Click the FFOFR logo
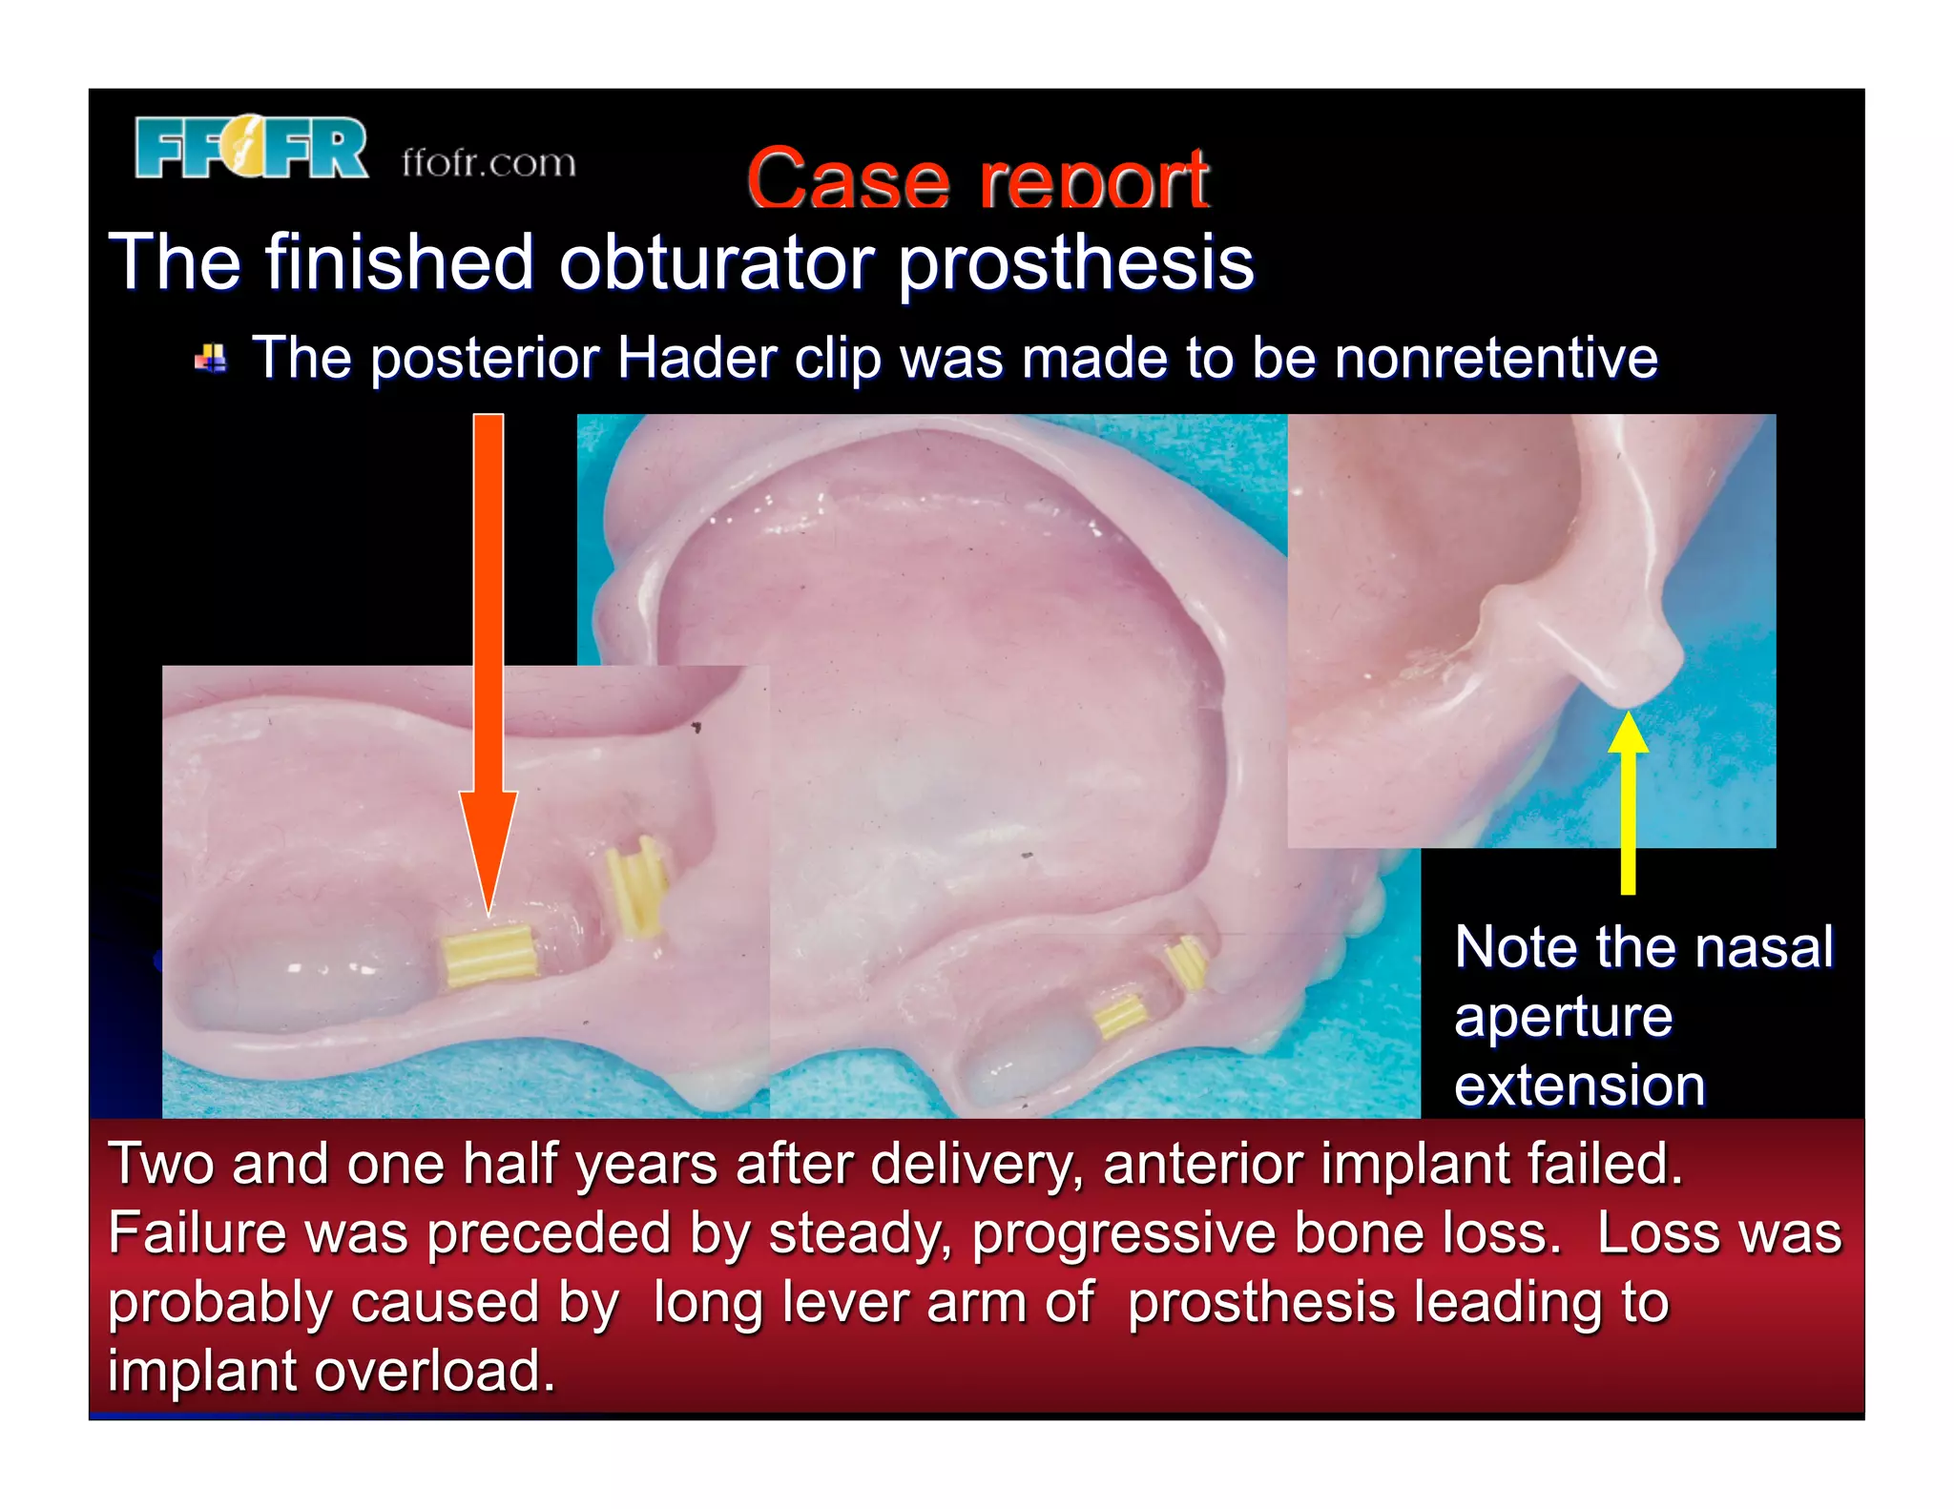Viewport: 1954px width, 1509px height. pos(251,147)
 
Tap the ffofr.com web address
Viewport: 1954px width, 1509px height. pos(488,162)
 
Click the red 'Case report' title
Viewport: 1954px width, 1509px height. pos(977,178)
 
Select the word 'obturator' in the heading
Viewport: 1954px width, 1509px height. pos(716,262)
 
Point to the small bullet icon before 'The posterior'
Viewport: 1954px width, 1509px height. pos(211,360)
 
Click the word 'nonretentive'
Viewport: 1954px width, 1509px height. pos(1495,359)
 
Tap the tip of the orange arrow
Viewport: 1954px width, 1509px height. pos(488,911)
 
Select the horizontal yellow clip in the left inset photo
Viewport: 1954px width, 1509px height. pos(488,955)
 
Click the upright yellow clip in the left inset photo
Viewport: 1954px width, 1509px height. pos(635,886)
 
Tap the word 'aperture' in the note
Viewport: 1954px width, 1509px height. pos(1563,1017)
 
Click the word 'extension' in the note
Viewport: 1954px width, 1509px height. pos(1579,1085)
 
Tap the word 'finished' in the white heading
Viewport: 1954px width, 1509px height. pos(399,262)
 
